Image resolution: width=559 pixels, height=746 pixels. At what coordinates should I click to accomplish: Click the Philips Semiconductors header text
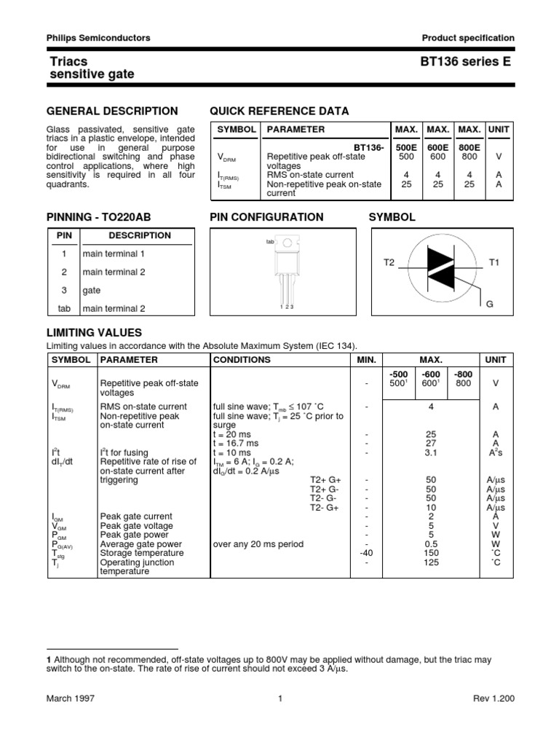[98, 38]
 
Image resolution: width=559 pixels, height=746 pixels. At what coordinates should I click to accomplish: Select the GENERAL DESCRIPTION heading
[112, 111]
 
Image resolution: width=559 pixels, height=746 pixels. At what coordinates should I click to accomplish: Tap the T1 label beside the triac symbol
[493, 262]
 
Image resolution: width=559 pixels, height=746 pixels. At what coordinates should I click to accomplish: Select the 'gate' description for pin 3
[92, 290]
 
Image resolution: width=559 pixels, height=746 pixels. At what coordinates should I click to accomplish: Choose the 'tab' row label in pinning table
[64, 308]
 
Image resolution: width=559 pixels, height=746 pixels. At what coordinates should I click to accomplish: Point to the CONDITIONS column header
[242, 360]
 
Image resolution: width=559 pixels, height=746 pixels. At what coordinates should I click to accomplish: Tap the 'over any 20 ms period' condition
[258, 544]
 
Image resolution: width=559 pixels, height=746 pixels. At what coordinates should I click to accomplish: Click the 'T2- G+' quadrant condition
[325, 507]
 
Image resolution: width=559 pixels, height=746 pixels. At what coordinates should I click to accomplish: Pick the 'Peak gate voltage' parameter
[136, 526]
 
